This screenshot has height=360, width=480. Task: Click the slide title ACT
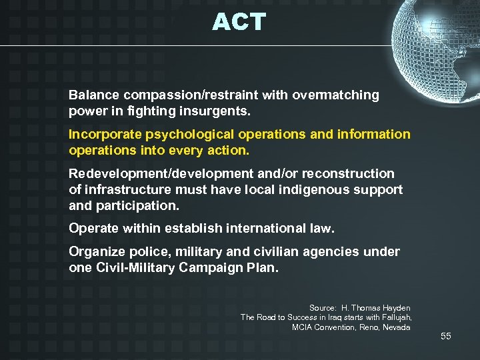(x=239, y=23)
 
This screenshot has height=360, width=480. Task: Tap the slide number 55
(x=445, y=336)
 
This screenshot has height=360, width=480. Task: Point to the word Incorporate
(x=101, y=135)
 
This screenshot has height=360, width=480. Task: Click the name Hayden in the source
(x=395, y=308)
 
